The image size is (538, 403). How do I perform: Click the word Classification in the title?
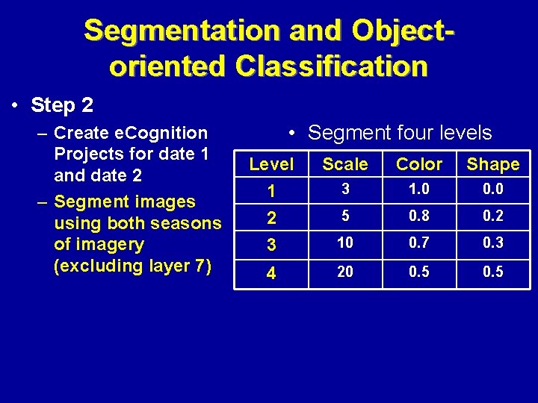[x=331, y=66]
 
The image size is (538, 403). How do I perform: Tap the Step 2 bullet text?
[x=62, y=105]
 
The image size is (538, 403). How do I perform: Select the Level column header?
[x=271, y=163]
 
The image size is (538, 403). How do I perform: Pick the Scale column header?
[x=345, y=164]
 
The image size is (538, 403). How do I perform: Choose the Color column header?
[x=419, y=164]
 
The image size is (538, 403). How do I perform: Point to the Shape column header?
[x=492, y=164]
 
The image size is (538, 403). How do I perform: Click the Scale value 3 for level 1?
[x=345, y=190]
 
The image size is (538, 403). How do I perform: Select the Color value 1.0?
[x=419, y=190]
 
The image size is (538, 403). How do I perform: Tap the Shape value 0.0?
[x=492, y=190]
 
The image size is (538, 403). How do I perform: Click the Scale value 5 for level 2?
[x=345, y=216]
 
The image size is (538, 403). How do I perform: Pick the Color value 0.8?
[x=419, y=216]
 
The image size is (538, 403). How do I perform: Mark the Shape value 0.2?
[x=492, y=216]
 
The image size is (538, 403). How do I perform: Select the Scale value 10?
[x=345, y=243]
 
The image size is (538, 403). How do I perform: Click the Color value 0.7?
[x=419, y=243]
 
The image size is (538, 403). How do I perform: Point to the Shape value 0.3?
[x=492, y=243]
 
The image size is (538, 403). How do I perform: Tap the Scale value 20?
[x=345, y=272]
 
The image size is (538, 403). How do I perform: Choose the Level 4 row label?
[x=271, y=274]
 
